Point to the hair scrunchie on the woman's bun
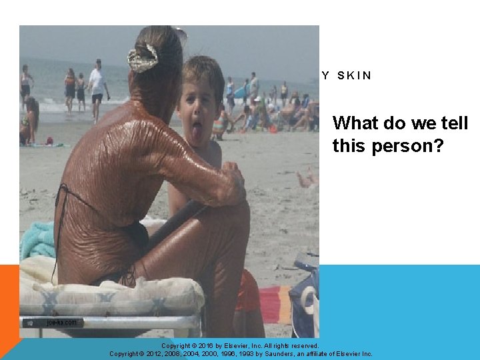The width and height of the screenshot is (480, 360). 143,57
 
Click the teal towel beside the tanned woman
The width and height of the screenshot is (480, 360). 37,240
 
